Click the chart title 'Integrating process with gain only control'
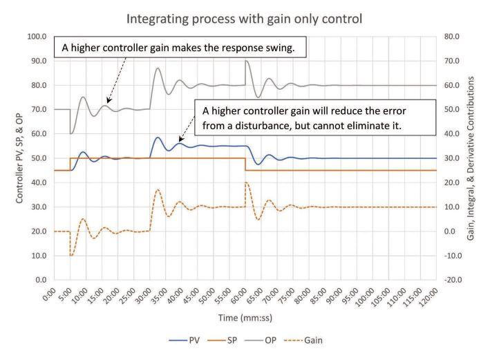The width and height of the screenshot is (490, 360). pyautogui.click(x=245, y=19)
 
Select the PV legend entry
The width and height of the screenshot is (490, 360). pyautogui.click(x=185, y=340)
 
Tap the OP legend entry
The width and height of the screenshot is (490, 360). pyautogui.click(x=261, y=340)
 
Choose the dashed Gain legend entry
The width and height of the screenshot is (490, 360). pyautogui.click(x=303, y=340)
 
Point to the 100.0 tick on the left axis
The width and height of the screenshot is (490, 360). pyautogui.click(x=37, y=37)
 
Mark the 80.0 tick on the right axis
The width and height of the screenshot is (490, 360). pyautogui.click(x=451, y=37)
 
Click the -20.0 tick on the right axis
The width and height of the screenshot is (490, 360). pyautogui.click(x=453, y=280)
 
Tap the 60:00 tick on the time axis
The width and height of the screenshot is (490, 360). pyautogui.click(x=238, y=296)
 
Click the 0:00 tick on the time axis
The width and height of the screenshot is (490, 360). pyautogui.click(x=49, y=294)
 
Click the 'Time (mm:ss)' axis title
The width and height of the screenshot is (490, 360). pyautogui.click(x=245, y=318)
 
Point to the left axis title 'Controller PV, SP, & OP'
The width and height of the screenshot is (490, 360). pyautogui.click(x=19, y=158)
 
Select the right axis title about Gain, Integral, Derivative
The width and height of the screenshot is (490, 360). pyautogui.click(x=471, y=158)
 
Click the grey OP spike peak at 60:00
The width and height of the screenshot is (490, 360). pyautogui.click(x=246, y=61)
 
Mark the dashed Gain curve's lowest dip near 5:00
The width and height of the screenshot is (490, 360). pyautogui.click(x=71, y=256)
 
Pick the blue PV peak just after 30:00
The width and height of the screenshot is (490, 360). pyautogui.click(x=158, y=138)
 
